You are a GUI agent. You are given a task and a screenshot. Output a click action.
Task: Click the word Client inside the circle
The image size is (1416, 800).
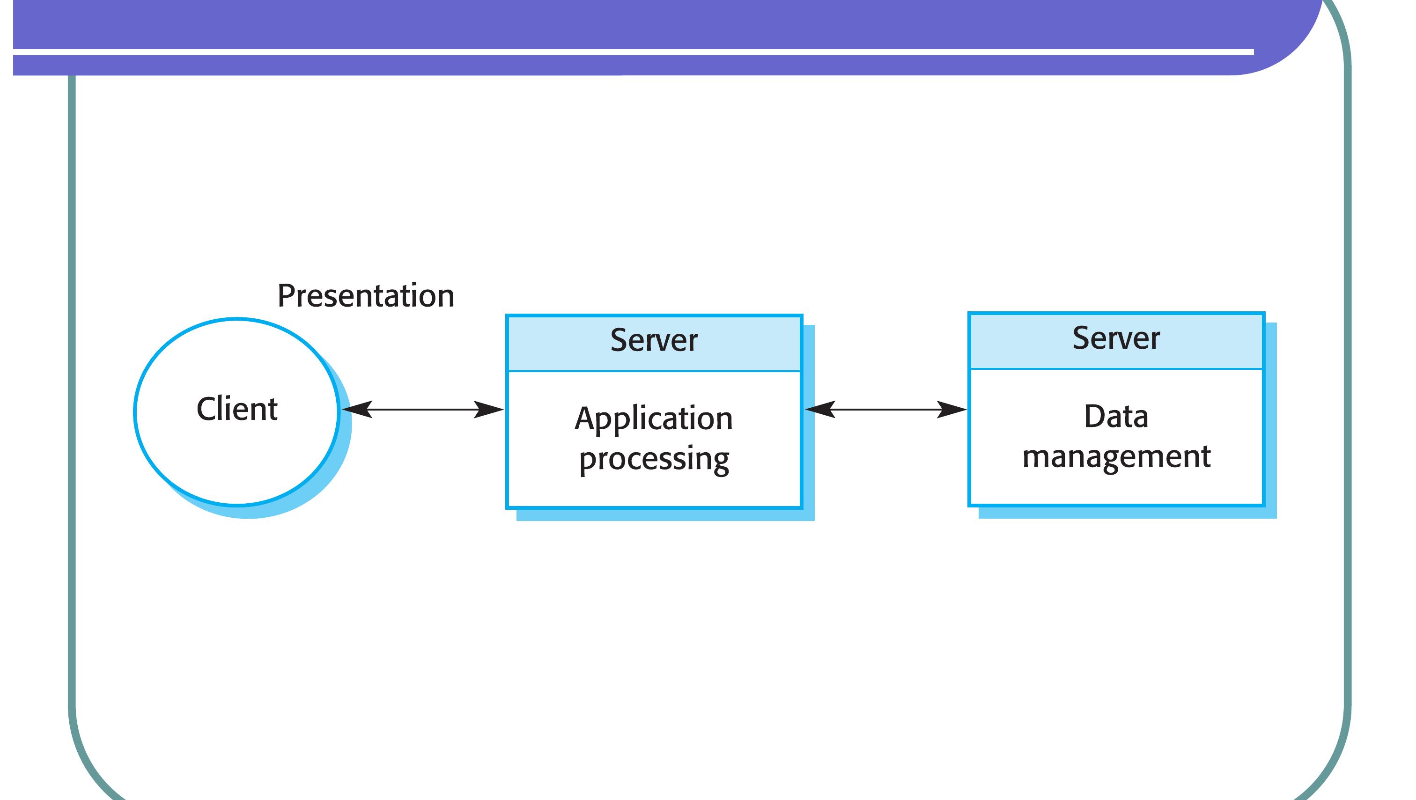coord(237,409)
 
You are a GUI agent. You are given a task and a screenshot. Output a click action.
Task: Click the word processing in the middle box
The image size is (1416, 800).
coord(654,459)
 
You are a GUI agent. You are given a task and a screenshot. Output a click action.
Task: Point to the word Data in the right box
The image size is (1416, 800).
coord(1116,416)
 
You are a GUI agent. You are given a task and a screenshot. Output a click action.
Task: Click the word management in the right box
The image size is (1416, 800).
coord(1116,456)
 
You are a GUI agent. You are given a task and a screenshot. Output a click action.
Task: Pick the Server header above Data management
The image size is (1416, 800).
coord(1116,338)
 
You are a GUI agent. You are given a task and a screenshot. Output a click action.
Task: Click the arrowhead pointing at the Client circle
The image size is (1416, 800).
coord(355,409)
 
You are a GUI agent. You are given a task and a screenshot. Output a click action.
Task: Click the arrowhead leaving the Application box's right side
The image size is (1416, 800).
coord(819,409)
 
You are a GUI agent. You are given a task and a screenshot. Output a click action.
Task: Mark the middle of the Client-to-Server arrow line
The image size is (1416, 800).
coord(422,409)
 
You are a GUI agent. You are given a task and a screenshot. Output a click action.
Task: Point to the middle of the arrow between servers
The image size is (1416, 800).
coord(885,409)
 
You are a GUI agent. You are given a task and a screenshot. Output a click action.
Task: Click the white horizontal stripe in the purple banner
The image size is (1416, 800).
coord(632,52)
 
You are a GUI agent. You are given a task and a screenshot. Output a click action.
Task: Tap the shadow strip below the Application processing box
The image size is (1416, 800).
coord(665,515)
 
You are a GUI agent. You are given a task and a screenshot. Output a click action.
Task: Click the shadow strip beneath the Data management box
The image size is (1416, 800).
coord(1127,513)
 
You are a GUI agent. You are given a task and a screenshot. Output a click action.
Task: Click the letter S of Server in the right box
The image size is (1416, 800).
coord(1081,338)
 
